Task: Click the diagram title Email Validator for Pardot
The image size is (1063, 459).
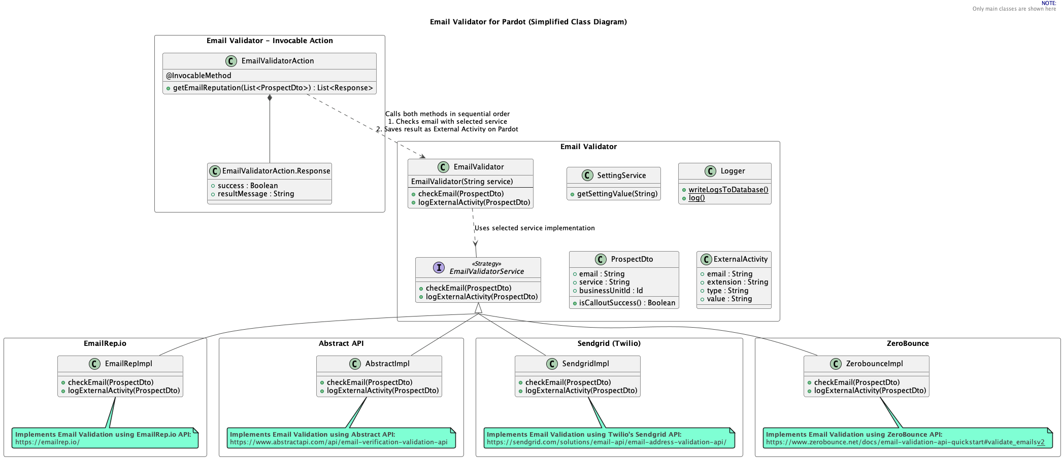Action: point(528,22)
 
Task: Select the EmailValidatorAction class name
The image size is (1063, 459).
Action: point(277,61)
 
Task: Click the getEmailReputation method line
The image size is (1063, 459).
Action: point(273,88)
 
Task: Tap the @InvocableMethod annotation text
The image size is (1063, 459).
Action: point(198,76)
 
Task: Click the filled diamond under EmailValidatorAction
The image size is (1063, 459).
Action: point(270,98)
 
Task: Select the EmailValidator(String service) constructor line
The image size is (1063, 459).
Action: point(461,182)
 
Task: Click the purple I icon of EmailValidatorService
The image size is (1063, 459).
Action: point(439,267)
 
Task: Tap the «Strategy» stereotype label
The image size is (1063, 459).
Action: point(486,264)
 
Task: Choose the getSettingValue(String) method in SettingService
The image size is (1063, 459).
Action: point(617,194)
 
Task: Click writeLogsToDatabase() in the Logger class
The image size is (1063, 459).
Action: point(728,190)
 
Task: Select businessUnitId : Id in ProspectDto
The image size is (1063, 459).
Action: point(611,291)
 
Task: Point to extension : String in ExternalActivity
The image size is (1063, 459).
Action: point(737,282)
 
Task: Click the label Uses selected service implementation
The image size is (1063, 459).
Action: point(535,228)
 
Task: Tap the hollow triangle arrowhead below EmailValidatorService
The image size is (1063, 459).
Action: point(478,308)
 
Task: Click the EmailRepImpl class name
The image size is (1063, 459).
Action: point(128,364)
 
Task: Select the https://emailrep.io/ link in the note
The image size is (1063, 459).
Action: point(47,442)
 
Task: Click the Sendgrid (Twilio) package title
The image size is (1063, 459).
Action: point(609,343)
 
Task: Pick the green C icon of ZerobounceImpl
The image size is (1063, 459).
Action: point(836,364)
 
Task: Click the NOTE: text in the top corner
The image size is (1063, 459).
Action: point(1049,3)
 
